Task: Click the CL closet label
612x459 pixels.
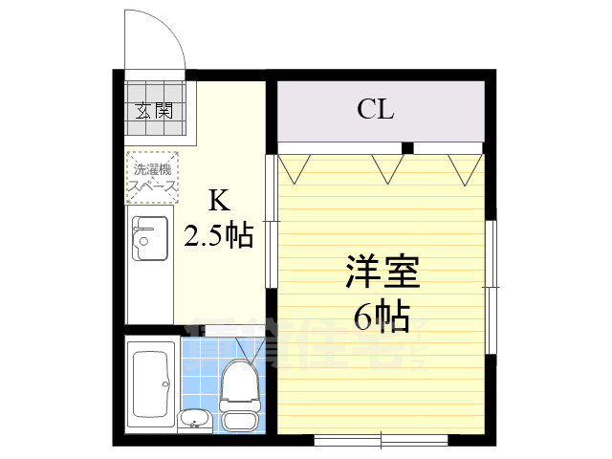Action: pyautogui.click(x=376, y=111)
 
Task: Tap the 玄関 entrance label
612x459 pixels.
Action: pyautogui.click(x=153, y=110)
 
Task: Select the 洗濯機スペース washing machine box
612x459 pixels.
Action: pyautogui.click(x=153, y=178)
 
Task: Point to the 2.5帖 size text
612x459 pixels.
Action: pyautogui.click(x=219, y=234)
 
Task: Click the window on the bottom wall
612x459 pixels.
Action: pyautogui.click(x=381, y=441)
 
